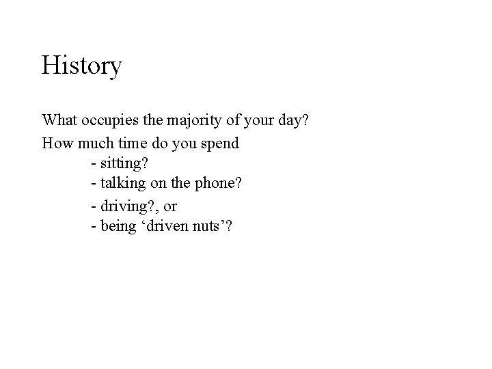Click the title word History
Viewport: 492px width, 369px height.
pos(82,66)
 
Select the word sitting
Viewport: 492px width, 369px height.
pos(124,165)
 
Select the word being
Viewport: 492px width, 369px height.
pos(119,226)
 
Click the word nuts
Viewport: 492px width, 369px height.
pos(211,226)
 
